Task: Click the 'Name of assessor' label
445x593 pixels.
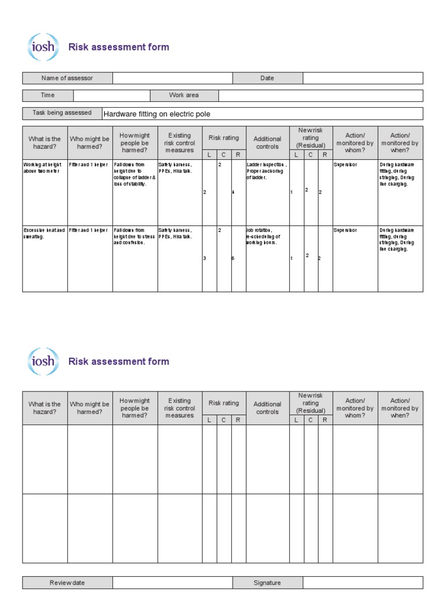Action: pos(67,78)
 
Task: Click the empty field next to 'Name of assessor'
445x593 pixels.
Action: pos(173,78)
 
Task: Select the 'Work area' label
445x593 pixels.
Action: pos(184,96)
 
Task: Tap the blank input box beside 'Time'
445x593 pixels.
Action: pos(112,96)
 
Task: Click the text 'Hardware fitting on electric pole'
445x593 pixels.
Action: pos(156,114)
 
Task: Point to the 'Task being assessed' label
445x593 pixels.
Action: pos(62,113)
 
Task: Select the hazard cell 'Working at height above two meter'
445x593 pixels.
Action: pos(45,168)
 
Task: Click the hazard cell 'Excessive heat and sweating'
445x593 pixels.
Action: pos(45,233)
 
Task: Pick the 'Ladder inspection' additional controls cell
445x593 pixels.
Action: pos(267,171)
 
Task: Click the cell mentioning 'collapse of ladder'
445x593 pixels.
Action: pos(135,174)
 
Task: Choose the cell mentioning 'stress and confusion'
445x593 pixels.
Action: pos(135,236)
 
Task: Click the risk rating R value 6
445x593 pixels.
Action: pos(233,258)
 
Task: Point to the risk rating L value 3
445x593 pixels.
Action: pos(205,258)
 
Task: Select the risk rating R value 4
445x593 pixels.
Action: pos(233,192)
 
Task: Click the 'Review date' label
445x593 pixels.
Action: pos(67,583)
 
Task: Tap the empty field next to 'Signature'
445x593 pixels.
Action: pos(363,583)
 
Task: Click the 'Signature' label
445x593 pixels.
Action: pos(267,583)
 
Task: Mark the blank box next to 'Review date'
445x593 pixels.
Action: pos(173,583)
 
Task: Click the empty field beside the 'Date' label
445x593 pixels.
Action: pos(363,78)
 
